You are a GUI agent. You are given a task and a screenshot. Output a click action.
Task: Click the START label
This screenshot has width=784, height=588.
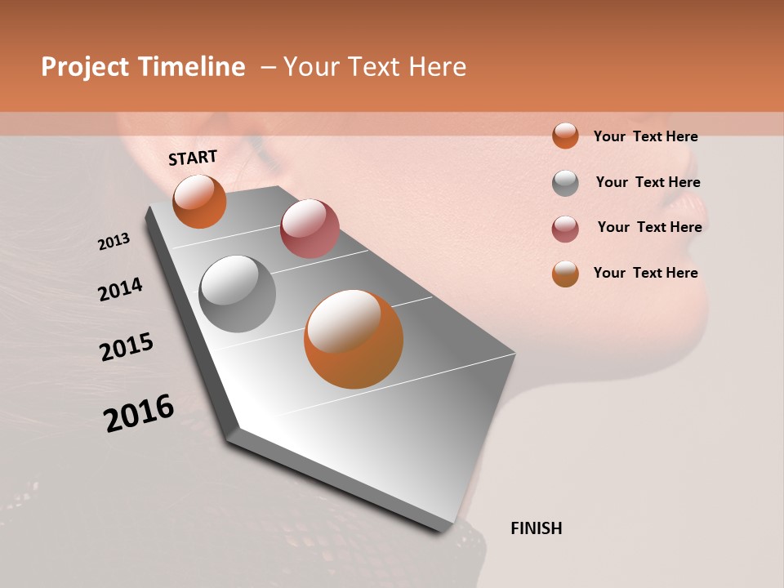click(x=193, y=157)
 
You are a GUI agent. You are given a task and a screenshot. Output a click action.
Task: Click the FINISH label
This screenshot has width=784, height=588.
click(x=537, y=528)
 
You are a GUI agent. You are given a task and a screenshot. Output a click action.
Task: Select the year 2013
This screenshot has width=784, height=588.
click(x=114, y=242)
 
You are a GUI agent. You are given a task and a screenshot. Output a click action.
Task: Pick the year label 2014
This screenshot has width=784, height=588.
click(x=121, y=289)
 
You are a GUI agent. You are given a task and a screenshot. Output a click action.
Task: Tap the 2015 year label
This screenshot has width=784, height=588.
click(x=127, y=347)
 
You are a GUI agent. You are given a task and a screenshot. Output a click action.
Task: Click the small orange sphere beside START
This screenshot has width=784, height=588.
click(x=199, y=202)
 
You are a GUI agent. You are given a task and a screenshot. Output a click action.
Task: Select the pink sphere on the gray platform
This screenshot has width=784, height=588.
click(x=310, y=228)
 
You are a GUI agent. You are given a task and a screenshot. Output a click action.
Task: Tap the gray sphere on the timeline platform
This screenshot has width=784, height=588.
click(x=238, y=294)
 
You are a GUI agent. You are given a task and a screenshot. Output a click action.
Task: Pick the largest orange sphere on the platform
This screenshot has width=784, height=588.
click(x=354, y=339)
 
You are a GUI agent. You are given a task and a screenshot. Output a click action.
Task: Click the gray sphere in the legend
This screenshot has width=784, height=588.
click(x=565, y=183)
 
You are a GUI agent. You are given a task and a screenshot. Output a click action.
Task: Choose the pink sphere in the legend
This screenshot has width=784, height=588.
click(x=565, y=229)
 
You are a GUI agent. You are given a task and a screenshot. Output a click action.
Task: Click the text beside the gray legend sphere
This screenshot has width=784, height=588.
click(x=648, y=182)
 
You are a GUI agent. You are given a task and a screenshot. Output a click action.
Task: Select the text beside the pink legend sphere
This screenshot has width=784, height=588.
click(x=649, y=227)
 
